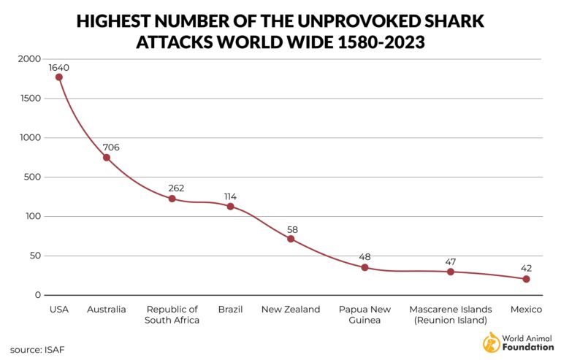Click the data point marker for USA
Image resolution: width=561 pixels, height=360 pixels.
click(58, 77)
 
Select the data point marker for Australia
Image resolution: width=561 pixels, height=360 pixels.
click(107, 158)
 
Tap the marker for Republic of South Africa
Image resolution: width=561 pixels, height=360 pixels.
click(172, 199)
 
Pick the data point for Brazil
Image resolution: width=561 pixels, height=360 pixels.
click(230, 207)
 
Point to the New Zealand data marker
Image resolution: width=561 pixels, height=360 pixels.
click(291, 239)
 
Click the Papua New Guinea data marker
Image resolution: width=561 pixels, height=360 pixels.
click(365, 267)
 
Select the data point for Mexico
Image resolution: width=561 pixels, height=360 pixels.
click(526, 279)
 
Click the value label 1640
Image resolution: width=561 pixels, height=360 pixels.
click(59, 68)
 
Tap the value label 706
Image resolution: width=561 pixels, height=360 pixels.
click(111, 148)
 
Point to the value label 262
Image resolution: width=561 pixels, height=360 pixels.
click(175, 188)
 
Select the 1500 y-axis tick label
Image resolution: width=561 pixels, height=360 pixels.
click(28, 99)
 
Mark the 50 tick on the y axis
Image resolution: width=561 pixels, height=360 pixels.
click(33, 256)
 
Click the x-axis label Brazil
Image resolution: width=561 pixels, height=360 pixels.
click(230, 310)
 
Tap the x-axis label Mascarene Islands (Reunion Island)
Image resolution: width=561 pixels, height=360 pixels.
click(450, 315)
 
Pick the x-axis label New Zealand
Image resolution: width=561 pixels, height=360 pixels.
click(291, 310)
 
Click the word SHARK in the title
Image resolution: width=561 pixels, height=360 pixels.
click(454, 21)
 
